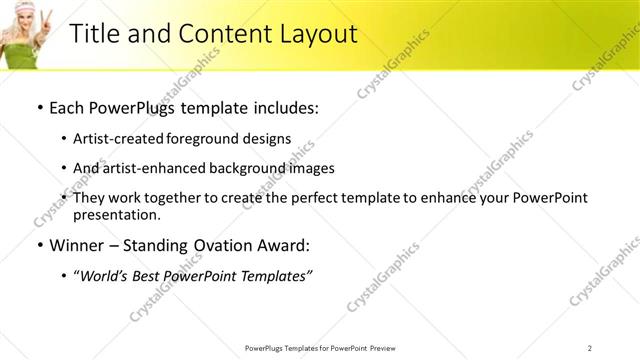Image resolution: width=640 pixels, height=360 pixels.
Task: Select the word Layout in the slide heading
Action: pyautogui.click(x=316, y=33)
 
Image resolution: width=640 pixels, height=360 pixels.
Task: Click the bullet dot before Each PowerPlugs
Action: pyautogui.click(x=39, y=108)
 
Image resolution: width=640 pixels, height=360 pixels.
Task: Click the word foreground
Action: pyautogui.click(x=204, y=138)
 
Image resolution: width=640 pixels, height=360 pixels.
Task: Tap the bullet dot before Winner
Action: pyautogui.click(x=39, y=245)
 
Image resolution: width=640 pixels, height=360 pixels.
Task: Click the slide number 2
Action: pyautogui.click(x=590, y=347)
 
